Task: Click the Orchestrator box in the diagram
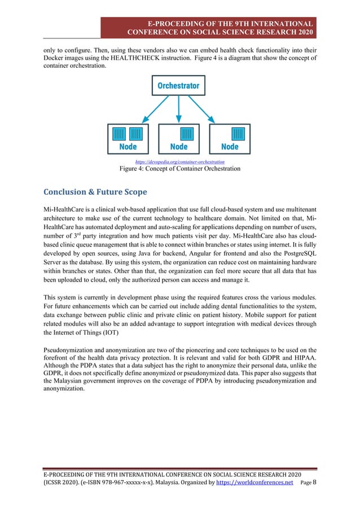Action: pyautogui.click(x=178, y=86)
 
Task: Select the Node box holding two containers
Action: pyautogui.click(x=128, y=138)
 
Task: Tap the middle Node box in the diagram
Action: pyautogui.click(x=178, y=138)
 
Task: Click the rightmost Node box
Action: pyautogui.click(x=230, y=138)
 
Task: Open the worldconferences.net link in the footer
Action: pyautogui.click(x=255, y=483)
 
